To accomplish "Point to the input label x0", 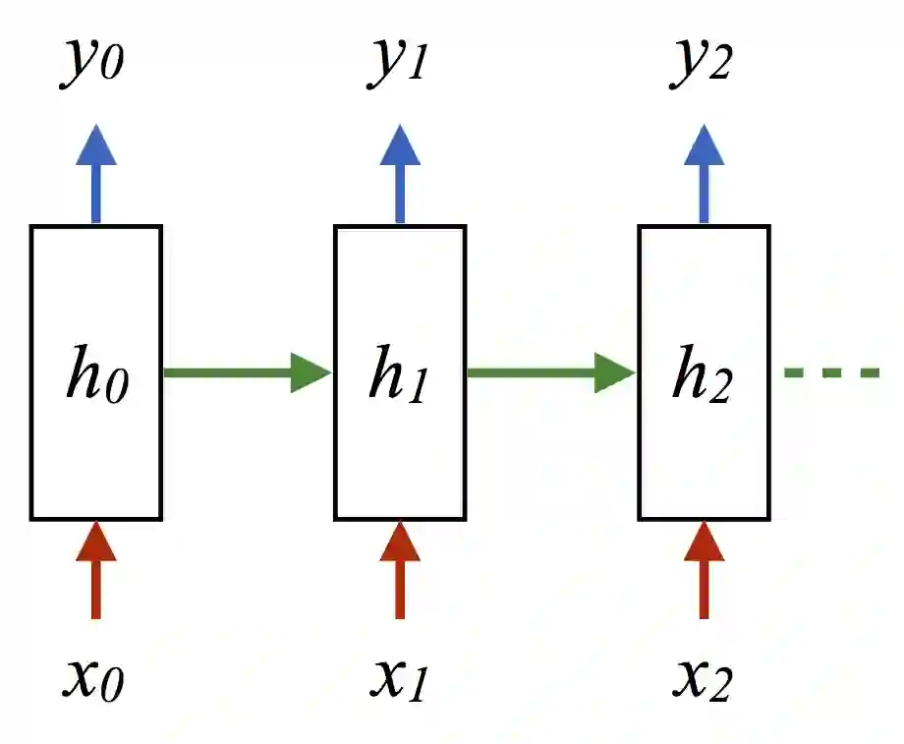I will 93,677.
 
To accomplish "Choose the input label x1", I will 398,677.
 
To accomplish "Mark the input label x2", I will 702,677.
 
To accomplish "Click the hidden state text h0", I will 97,373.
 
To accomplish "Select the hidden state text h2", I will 702,373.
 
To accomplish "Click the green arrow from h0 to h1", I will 246,373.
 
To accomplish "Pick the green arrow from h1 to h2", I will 550,373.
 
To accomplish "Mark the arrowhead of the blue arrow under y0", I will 95,145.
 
